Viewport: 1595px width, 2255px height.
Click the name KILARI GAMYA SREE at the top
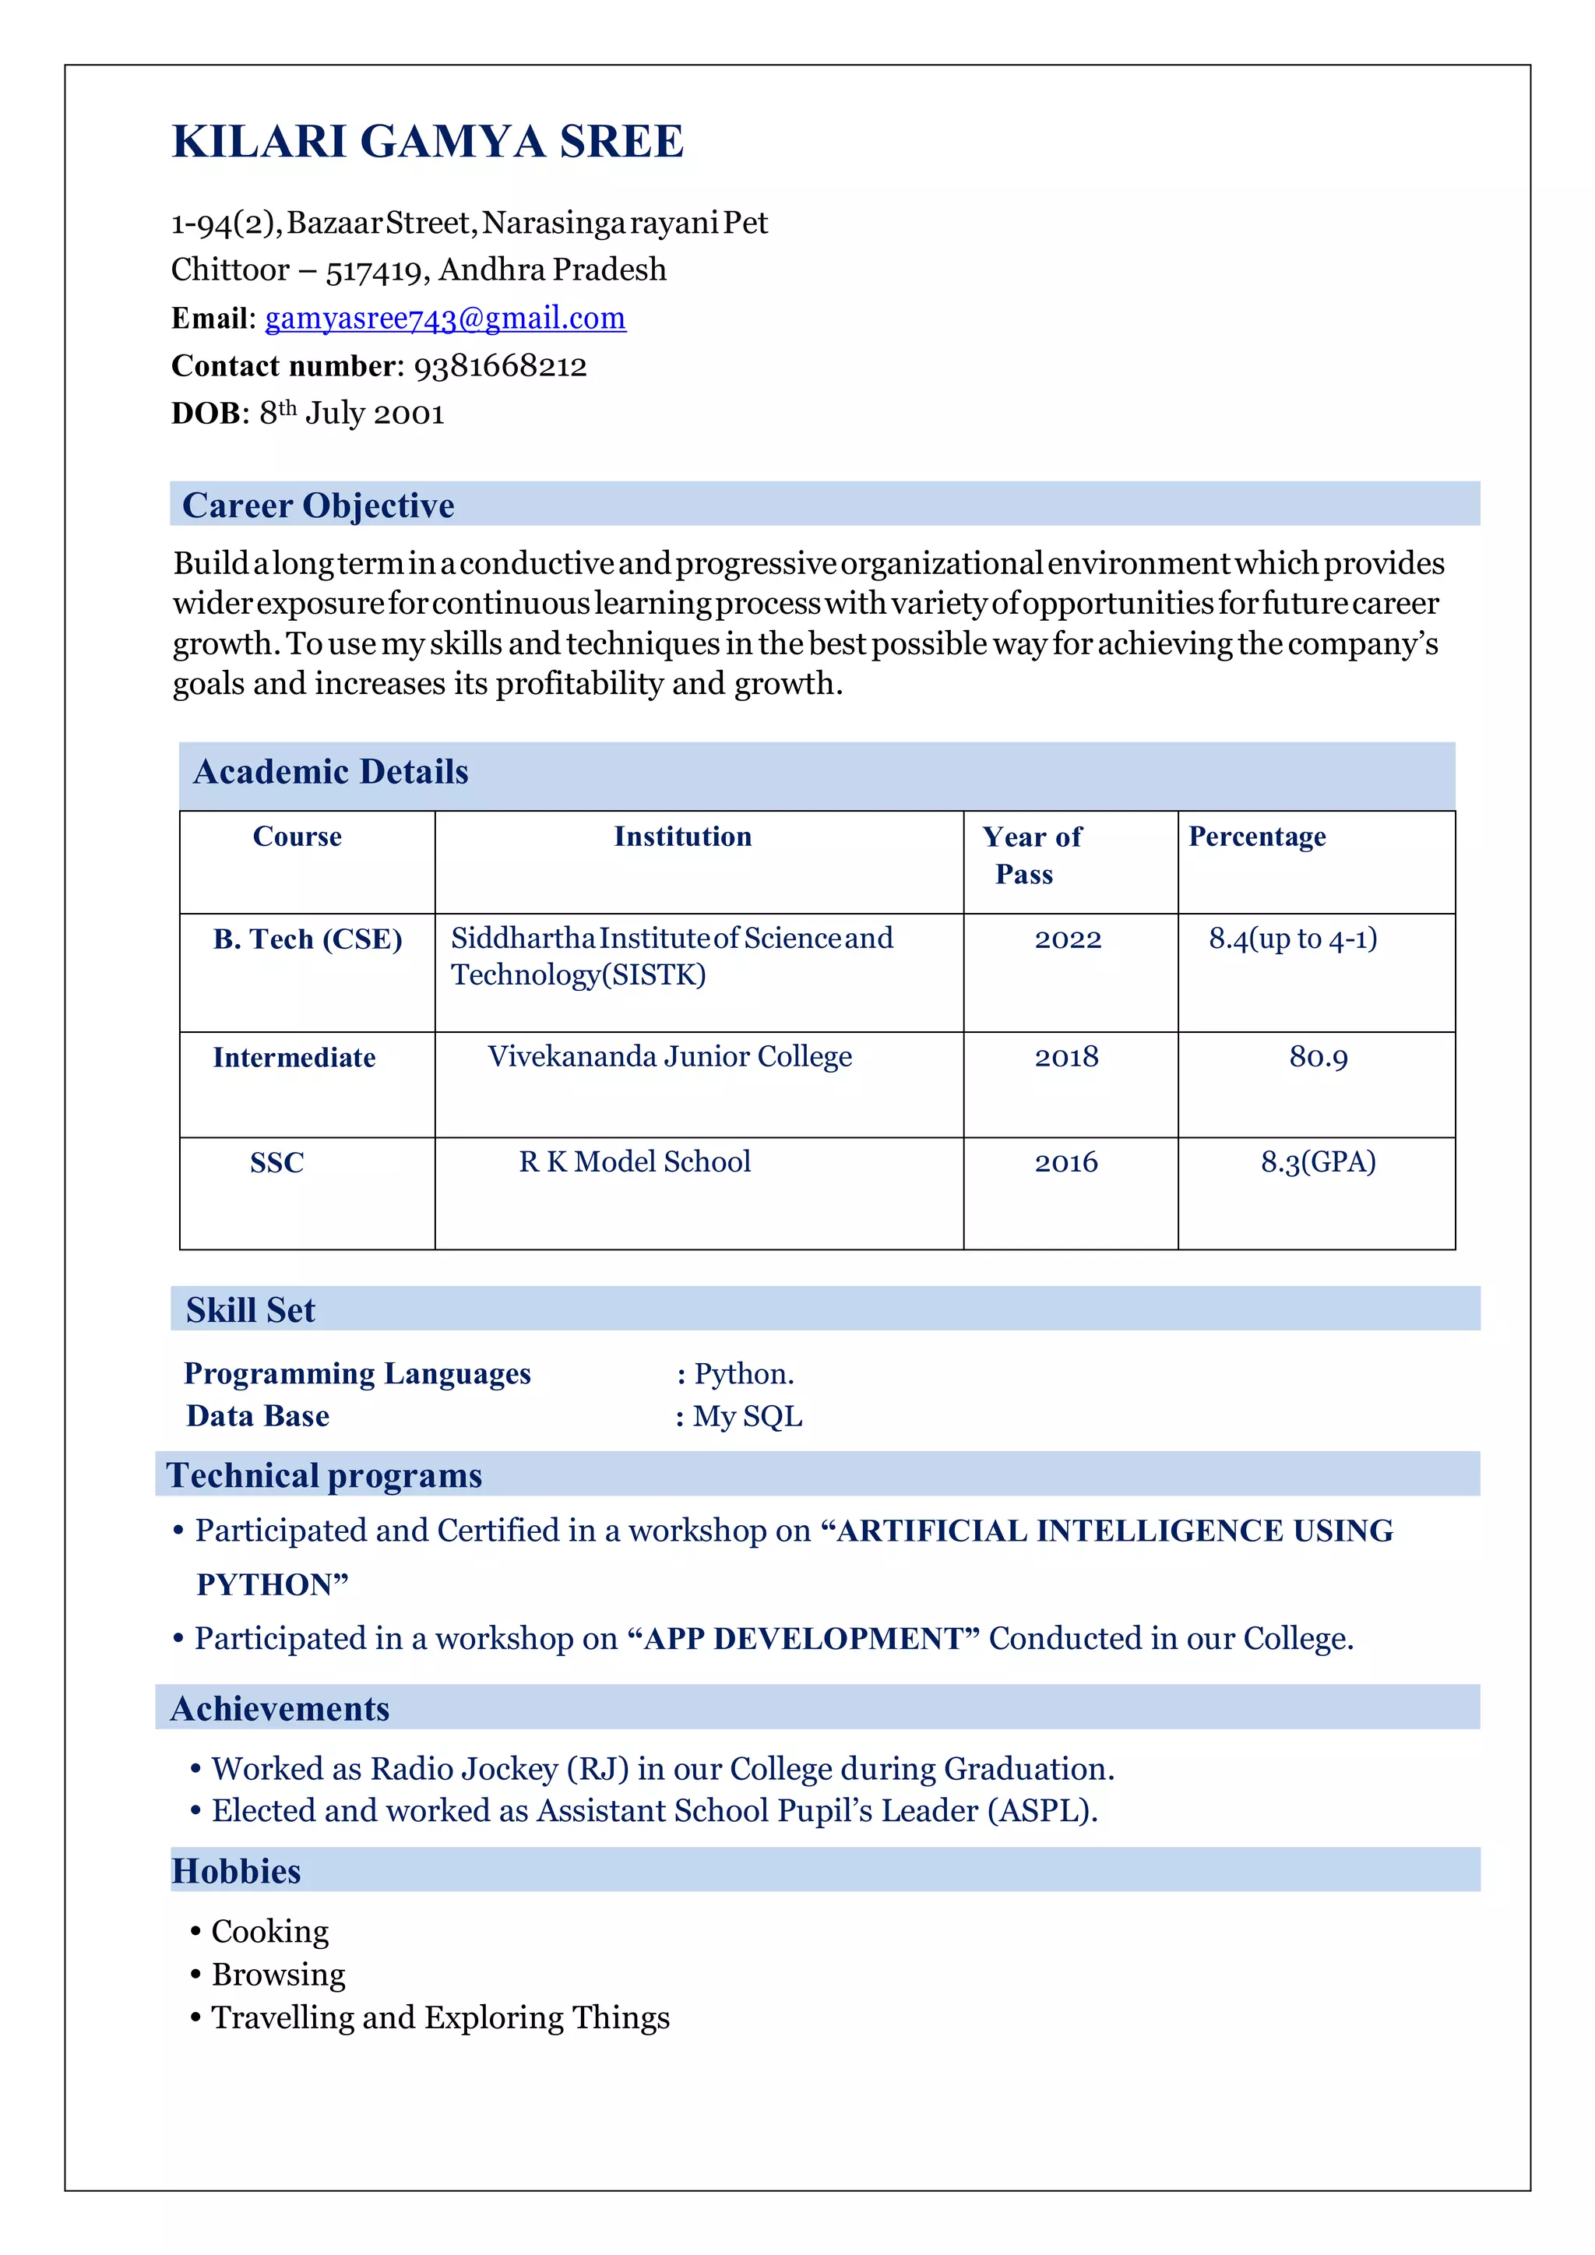(428, 142)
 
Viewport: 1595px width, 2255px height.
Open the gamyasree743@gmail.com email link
(445, 319)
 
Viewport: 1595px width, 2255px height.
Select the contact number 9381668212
(500, 366)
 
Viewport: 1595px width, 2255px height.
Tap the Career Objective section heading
(319, 506)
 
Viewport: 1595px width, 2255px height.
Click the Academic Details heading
(331, 772)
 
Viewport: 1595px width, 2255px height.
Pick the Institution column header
(682, 837)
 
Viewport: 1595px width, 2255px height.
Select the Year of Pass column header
(1030, 854)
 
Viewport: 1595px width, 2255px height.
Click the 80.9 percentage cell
(1318, 1058)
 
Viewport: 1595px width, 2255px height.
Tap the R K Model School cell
(635, 1162)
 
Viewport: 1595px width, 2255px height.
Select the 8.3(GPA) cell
(1318, 1162)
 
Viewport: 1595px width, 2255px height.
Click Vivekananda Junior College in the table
(670, 1057)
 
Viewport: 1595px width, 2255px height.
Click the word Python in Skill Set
(741, 1374)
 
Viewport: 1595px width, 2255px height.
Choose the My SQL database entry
(748, 1416)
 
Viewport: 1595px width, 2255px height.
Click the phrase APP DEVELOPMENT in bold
(802, 1638)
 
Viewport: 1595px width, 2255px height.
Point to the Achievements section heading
(281, 1709)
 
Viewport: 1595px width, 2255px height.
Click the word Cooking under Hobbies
(270, 1931)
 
